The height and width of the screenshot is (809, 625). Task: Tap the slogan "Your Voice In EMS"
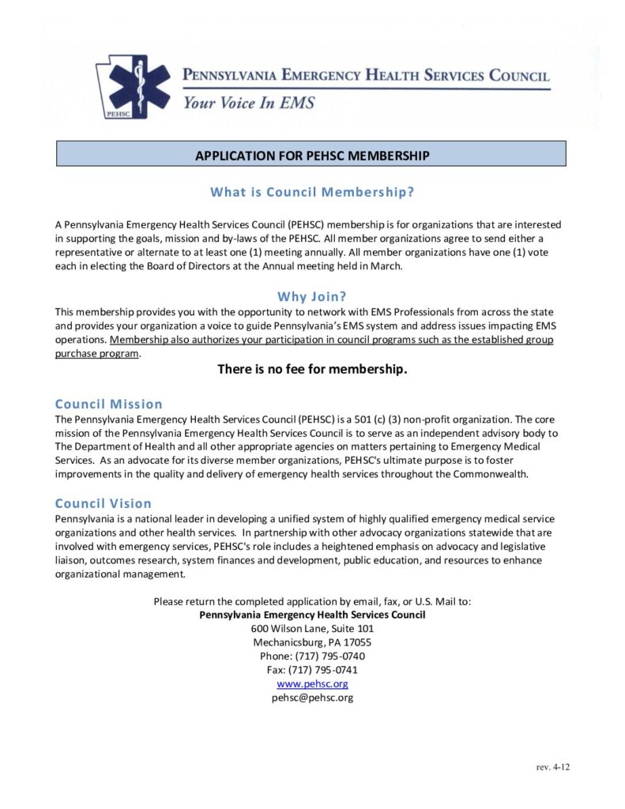pos(249,103)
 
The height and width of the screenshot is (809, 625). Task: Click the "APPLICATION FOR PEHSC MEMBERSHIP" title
pos(312,156)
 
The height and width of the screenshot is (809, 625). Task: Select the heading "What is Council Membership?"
pos(312,192)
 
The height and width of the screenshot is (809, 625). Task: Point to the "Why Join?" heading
pos(312,297)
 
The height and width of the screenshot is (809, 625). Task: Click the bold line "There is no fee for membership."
pos(312,369)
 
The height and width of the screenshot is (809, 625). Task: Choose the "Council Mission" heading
pos(109,404)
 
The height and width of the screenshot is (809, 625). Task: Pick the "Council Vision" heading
pos(104,503)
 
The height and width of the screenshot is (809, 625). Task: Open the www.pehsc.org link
pos(312,683)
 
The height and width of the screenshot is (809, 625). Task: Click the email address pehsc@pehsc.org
pos(312,698)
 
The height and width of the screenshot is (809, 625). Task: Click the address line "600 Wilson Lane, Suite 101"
pos(312,628)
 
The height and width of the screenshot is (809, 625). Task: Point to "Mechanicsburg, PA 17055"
pos(312,642)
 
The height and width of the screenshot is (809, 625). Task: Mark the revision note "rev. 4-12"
pos(552,767)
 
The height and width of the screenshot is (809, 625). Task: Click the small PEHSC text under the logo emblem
pos(115,114)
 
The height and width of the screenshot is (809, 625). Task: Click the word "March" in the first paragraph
pos(386,265)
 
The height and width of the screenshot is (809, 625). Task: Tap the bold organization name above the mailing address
pos(312,615)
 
